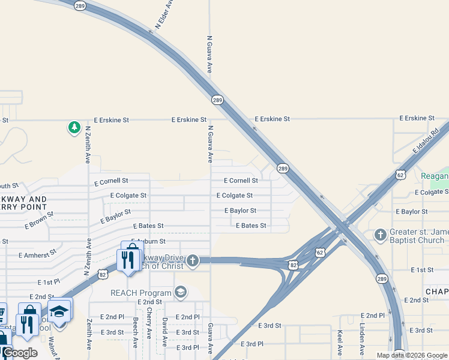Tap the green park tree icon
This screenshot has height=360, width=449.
(x=74, y=127)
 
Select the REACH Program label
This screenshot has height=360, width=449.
(x=141, y=292)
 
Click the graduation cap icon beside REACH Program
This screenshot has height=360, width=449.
(x=180, y=292)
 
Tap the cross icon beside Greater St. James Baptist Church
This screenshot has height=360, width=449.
(x=380, y=234)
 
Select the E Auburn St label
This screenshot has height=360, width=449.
(x=148, y=241)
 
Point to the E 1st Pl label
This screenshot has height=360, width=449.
(x=49, y=282)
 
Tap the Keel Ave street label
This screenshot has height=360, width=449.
(x=340, y=343)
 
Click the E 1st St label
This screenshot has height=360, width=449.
(x=422, y=271)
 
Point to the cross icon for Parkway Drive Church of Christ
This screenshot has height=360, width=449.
(x=192, y=260)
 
